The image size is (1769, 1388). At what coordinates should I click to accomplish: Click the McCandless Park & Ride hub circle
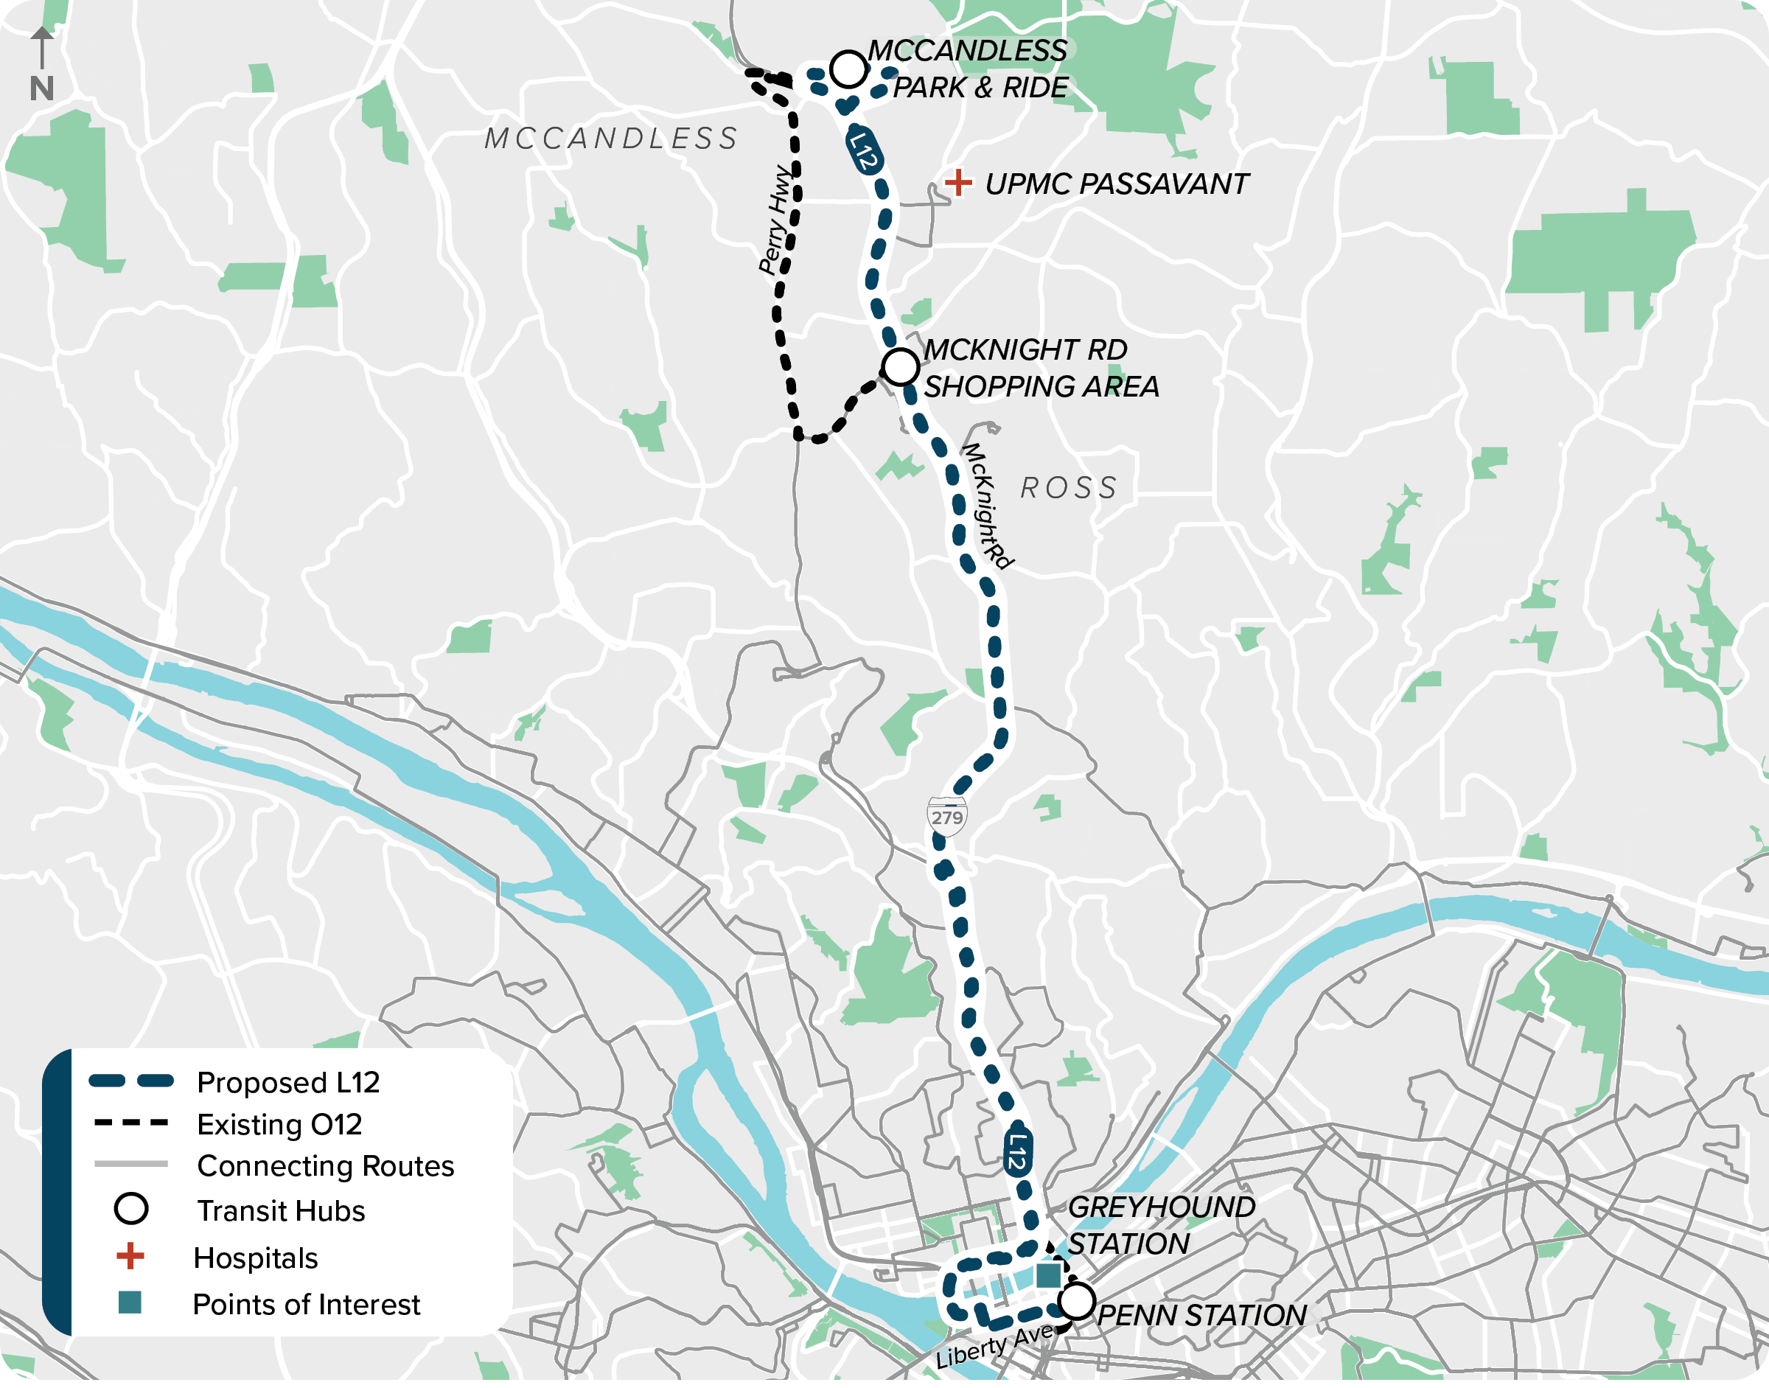pos(848,69)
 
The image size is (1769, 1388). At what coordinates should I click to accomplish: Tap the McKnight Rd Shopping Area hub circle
pos(900,367)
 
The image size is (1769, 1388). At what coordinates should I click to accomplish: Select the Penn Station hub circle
pos(1077,1301)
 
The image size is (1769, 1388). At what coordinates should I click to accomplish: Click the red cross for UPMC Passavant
pos(958,183)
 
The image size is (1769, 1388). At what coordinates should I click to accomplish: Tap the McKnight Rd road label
pos(986,506)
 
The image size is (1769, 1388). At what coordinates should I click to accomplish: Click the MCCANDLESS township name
pos(611,139)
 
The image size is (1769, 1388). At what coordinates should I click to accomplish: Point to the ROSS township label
pos(1069,489)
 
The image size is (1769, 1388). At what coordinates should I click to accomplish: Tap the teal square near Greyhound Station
pos(1048,1275)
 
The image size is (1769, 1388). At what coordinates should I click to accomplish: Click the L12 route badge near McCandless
pos(864,150)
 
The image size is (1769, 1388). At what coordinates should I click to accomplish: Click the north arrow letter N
pos(41,88)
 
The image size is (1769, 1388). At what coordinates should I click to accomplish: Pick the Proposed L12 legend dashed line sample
pos(130,1081)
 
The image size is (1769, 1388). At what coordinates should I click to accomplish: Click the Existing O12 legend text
pos(279,1125)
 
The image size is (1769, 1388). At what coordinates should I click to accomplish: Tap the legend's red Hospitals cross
pos(130,1256)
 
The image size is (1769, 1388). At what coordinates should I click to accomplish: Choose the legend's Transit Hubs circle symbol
pos(130,1209)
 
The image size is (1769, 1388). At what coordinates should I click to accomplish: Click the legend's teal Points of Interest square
pos(130,1302)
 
